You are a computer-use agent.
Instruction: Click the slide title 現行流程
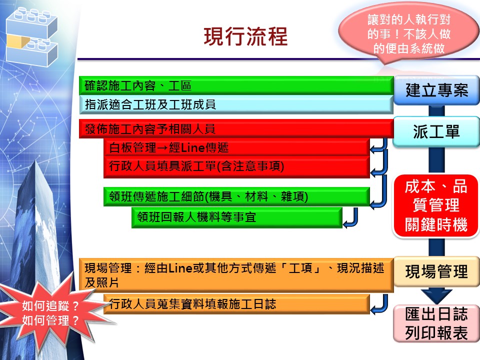[245, 36]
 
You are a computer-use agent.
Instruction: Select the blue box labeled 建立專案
[436, 90]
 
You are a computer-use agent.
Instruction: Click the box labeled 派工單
[436, 131]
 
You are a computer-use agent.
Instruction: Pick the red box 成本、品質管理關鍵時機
[436, 205]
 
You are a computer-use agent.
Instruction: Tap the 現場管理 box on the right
[436, 271]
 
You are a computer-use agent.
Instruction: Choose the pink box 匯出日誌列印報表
[436, 323]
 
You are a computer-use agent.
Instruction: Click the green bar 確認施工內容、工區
[236, 85]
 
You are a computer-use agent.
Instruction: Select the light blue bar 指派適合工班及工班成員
[236, 104]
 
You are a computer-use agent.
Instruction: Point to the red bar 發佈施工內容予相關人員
[236, 129]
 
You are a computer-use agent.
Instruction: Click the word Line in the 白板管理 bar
[190, 148]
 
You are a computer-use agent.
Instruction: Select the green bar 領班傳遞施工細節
[236, 196]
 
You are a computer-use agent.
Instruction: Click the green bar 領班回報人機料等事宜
[236, 217]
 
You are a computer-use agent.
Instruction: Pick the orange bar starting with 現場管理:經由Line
[236, 275]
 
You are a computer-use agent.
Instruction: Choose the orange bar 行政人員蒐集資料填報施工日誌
[236, 304]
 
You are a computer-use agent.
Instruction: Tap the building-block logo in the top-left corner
[32, 36]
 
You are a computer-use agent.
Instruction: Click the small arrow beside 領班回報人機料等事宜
[351, 218]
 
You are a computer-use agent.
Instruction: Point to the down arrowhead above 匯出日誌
[436, 296]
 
